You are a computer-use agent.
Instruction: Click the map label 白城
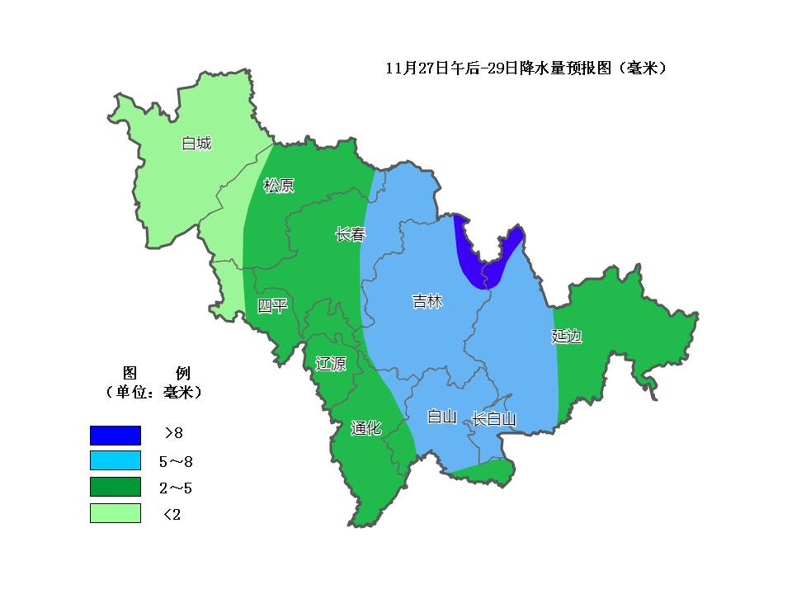[x=196, y=144]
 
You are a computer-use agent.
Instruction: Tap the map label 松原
[x=278, y=186]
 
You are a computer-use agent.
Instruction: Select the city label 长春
[x=350, y=234]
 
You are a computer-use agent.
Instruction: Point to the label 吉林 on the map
[x=427, y=302]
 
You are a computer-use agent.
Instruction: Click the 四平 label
[x=272, y=306]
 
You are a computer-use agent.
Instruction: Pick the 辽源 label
[x=330, y=364]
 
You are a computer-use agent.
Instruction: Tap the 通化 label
[x=365, y=427]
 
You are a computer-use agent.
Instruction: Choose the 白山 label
[x=441, y=417]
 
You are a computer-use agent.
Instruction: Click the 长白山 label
[x=493, y=419]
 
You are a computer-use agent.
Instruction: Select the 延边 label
[x=567, y=336]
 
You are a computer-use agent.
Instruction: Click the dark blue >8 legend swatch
[x=115, y=435]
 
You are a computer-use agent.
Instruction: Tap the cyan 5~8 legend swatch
[x=115, y=461]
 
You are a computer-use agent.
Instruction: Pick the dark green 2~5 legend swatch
[x=115, y=488]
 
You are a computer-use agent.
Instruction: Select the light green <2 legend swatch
[x=115, y=513]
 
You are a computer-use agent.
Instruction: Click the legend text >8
[x=173, y=434]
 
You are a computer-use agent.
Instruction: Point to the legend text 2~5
[x=176, y=488]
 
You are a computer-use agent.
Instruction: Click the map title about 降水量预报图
[x=526, y=68]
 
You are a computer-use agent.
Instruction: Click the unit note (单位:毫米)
[x=154, y=392]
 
